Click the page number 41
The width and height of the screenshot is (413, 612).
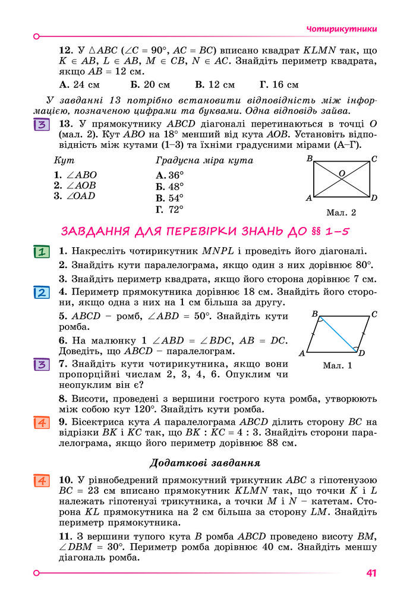point(372,573)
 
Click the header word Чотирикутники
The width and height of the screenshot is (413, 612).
point(342,29)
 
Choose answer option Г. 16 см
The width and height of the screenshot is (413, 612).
point(279,85)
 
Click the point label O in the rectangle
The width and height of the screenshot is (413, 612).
point(342,173)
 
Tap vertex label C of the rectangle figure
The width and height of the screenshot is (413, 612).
point(374,159)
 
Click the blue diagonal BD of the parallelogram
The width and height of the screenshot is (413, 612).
point(337,333)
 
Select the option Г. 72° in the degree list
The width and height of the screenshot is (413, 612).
point(169,209)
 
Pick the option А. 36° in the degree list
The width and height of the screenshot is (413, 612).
point(169,175)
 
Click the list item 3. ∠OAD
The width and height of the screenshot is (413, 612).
point(74,196)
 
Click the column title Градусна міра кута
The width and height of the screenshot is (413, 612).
point(204,161)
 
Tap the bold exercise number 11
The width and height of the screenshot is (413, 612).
point(65,537)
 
